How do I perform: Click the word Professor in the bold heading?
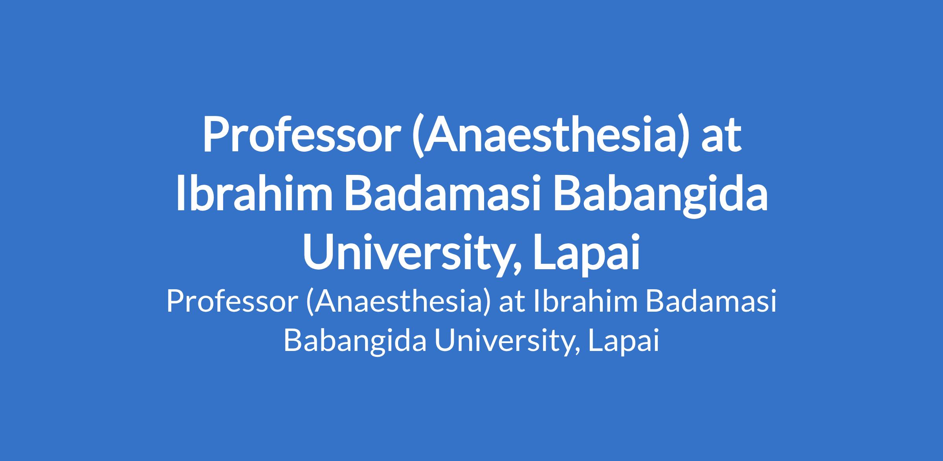300,133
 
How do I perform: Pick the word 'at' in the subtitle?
512,303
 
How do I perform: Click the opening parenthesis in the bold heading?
417,136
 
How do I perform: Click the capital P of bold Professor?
215,133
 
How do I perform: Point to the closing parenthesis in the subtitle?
487,303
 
